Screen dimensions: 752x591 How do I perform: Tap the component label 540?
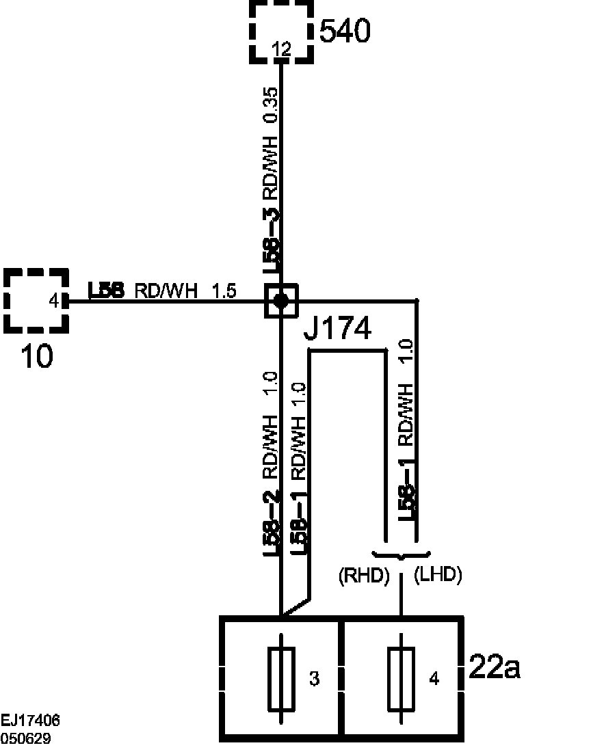click(345, 31)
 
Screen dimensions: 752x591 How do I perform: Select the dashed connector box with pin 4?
click(37, 299)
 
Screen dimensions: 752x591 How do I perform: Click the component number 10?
click(37, 356)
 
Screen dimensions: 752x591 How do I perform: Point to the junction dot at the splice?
click(281, 300)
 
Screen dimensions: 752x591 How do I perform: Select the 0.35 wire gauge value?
click(272, 105)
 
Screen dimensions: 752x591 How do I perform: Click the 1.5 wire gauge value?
click(224, 291)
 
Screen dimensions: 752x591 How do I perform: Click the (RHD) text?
click(364, 576)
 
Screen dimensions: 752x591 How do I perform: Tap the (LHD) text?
click(438, 576)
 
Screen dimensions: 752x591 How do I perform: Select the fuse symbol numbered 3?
click(282, 678)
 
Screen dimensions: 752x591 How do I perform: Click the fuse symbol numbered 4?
click(401, 678)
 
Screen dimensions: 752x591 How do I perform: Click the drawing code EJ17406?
click(30, 720)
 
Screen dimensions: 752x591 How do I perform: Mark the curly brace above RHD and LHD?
click(402, 554)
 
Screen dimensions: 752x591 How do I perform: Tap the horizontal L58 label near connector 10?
click(106, 291)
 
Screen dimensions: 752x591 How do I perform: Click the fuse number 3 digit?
click(314, 679)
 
